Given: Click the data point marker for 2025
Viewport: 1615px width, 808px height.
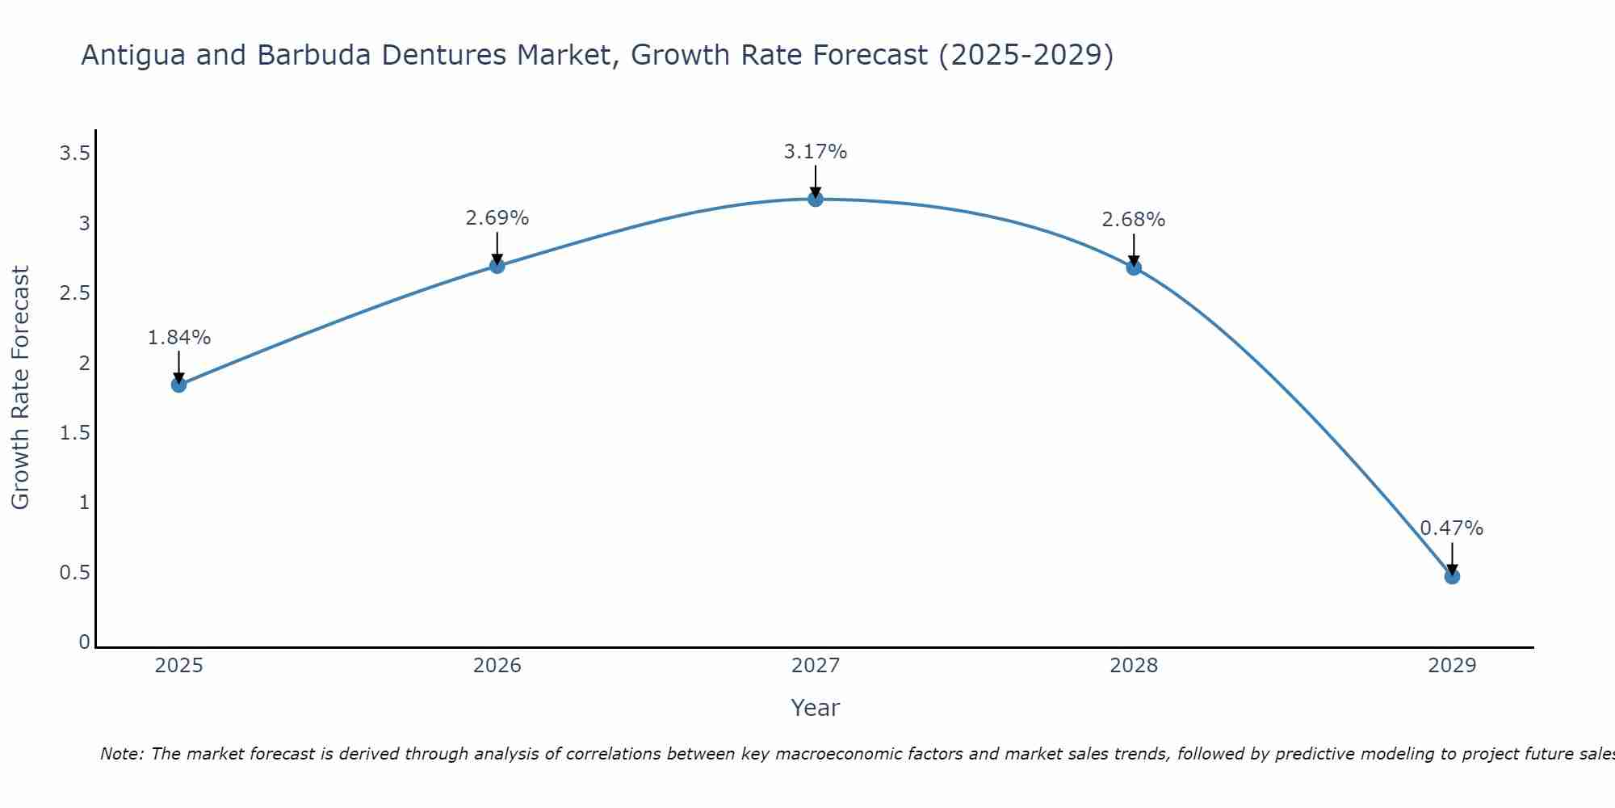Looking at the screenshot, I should click(x=178, y=385).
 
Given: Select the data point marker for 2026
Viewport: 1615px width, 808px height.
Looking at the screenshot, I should click(x=497, y=266).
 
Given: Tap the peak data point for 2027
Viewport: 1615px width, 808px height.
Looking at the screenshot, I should click(x=816, y=199).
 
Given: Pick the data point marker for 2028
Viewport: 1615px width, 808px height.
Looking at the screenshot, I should click(x=1134, y=267).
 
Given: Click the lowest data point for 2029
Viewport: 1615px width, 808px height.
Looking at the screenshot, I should click(x=1452, y=576).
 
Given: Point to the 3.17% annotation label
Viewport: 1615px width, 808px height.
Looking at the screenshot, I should click(x=816, y=152).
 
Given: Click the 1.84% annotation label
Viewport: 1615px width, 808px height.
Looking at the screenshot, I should click(x=178, y=338).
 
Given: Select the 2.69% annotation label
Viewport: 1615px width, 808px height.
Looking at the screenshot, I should click(x=497, y=218).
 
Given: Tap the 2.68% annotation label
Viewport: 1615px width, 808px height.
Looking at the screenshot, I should click(x=1134, y=220).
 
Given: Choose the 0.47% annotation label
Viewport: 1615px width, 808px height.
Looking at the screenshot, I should click(x=1452, y=528).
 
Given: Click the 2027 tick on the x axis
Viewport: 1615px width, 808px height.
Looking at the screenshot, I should click(x=816, y=666).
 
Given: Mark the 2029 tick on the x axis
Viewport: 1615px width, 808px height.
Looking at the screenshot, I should click(x=1452, y=666).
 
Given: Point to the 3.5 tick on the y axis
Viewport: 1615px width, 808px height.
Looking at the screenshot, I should click(x=74, y=154).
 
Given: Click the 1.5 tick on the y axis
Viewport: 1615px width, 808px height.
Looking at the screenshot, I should click(x=74, y=433).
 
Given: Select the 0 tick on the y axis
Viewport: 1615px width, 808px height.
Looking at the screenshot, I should click(x=84, y=642).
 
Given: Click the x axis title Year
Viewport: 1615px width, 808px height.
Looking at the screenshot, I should click(x=816, y=708).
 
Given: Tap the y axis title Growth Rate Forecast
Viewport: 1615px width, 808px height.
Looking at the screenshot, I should click(x=20, y=388).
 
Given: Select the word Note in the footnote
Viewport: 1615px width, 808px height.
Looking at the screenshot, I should click(x=121, y=754).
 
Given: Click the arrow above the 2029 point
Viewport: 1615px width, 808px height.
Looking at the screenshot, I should click(x=1452, y=558).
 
